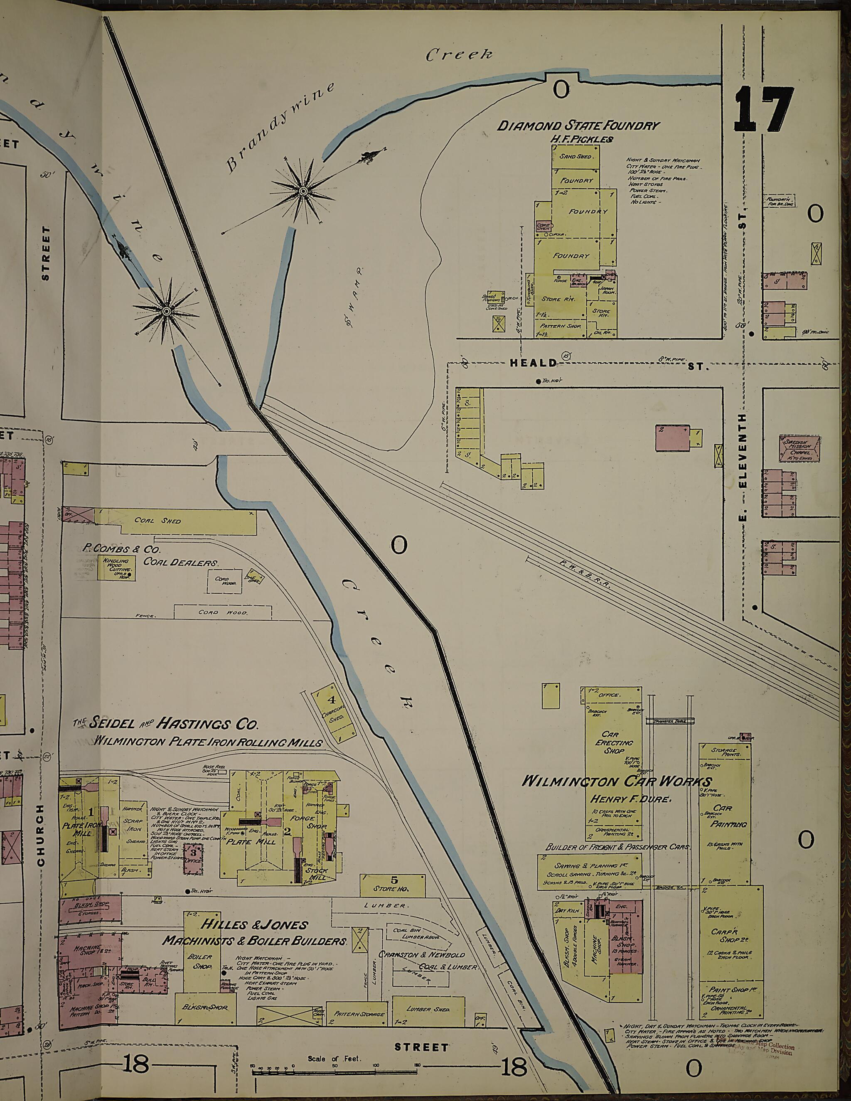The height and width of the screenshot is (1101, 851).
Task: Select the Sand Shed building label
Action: point(576,157)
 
